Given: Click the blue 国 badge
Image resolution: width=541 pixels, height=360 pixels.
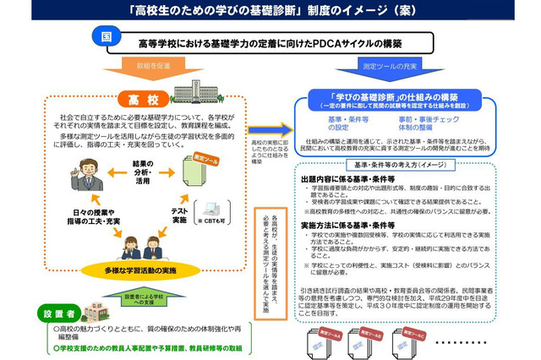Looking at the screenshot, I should pyautogui.click(x=105, y=38).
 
